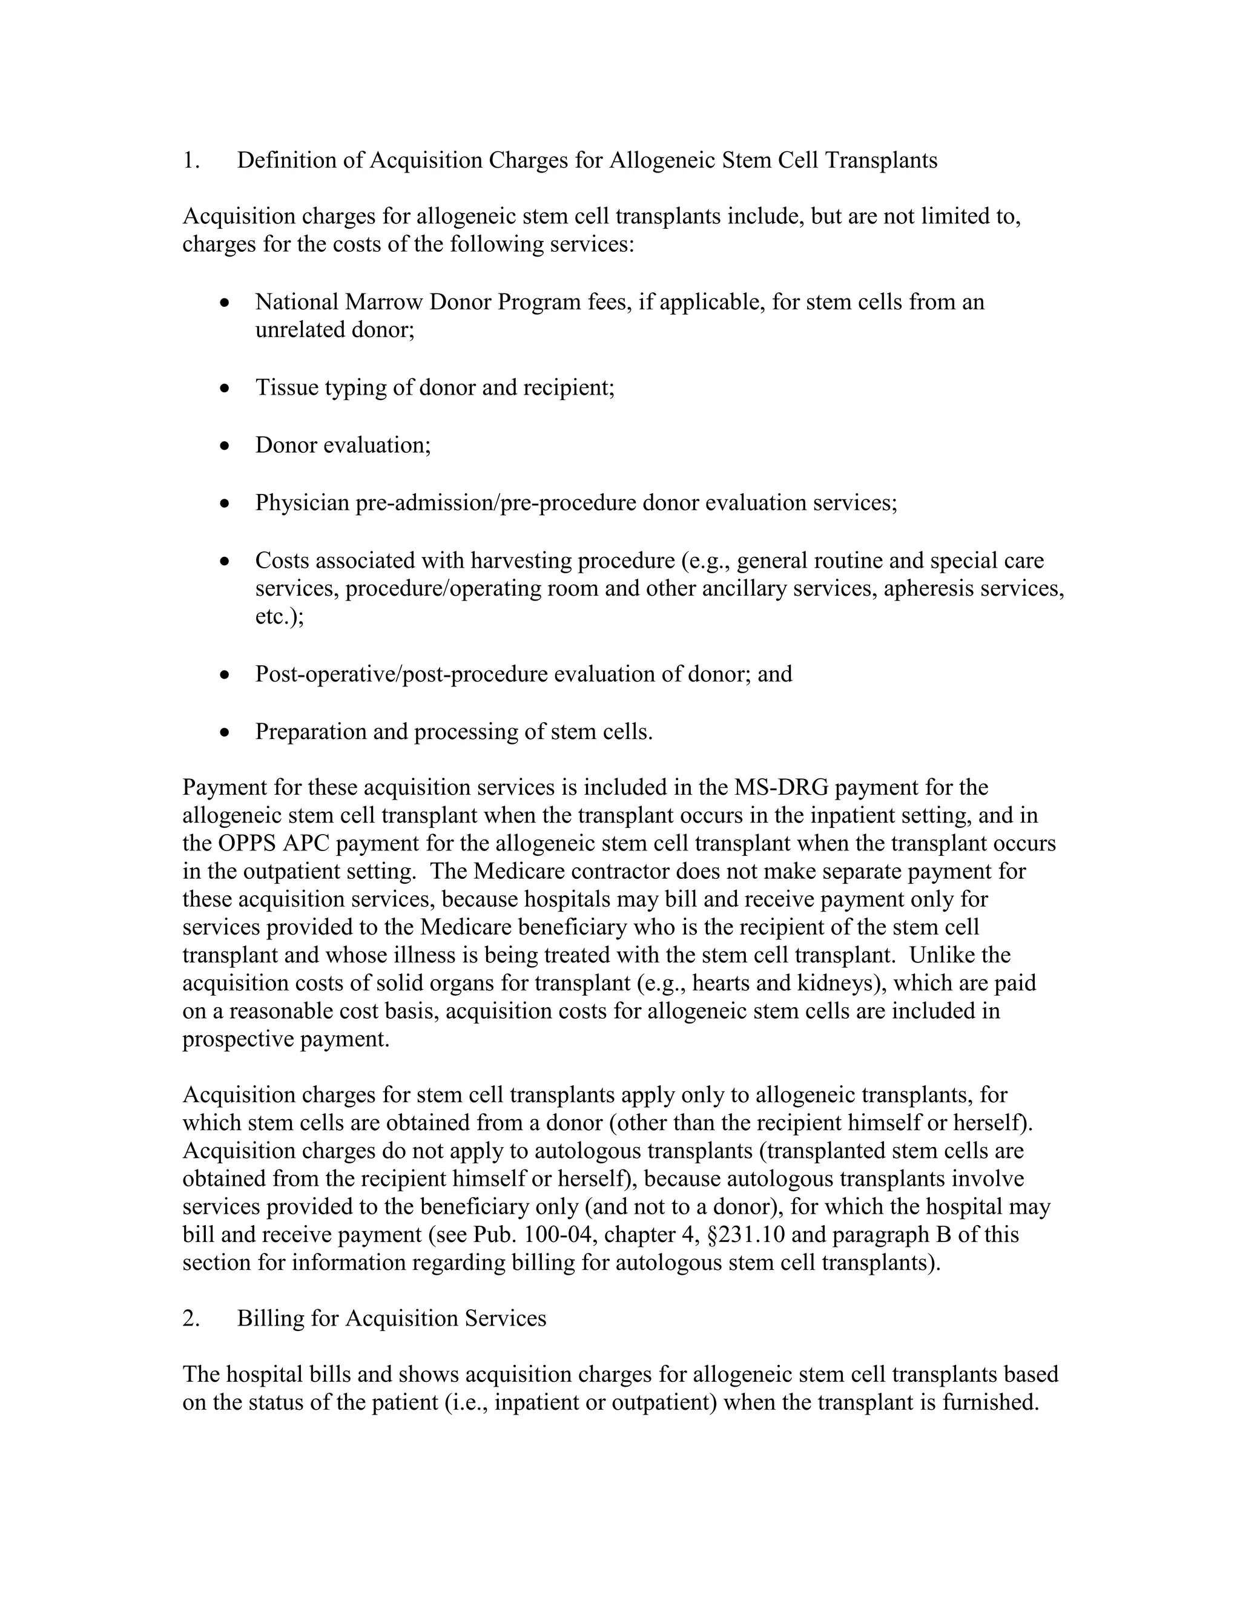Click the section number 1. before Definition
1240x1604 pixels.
(x=190, y=160)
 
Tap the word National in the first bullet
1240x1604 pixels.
(x=297, y=302)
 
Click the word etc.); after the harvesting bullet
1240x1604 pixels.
(x=279, y=617)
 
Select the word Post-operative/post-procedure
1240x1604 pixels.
(x=402, y=674)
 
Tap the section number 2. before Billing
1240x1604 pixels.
(x=191, y=1319)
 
